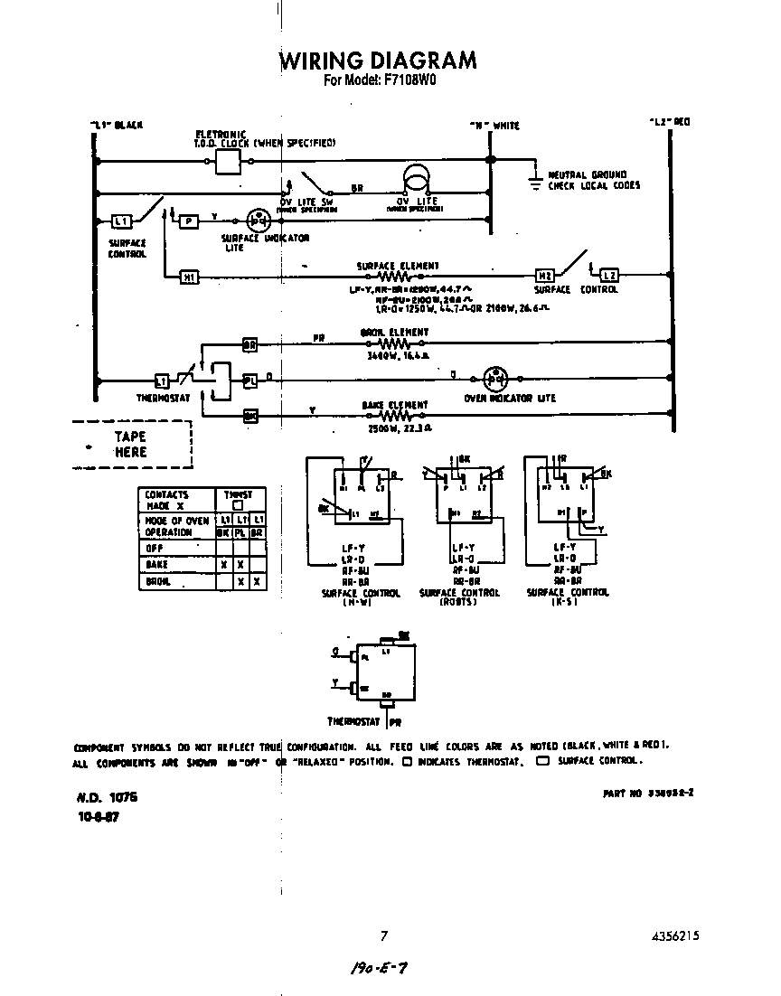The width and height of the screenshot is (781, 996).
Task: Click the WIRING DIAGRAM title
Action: tap(377, 60)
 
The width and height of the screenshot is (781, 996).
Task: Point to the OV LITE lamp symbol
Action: tap(417, 178)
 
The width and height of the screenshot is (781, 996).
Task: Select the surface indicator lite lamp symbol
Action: tap(259, 220)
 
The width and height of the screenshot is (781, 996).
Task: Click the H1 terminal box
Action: tap(190, 277)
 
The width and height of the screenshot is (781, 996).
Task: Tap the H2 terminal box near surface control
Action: tap(545, 276)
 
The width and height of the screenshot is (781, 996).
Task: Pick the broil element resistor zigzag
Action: tap(395, 344)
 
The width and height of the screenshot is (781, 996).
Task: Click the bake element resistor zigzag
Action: tap(395, 416)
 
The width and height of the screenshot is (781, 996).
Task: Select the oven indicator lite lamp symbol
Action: tap(494, 379)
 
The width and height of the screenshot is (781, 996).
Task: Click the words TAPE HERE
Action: tap(130, 444)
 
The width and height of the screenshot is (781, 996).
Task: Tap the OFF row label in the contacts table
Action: tap(154, 548)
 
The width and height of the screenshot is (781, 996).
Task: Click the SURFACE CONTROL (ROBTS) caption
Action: tap(459, 597)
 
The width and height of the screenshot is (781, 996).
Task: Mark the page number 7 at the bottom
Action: tap(383, 936)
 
